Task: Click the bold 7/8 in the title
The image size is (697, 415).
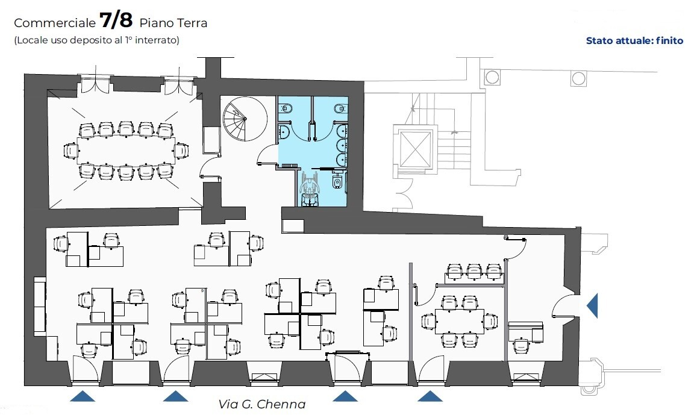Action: pos(116,20)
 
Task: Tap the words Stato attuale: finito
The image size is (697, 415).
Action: pos(634,40)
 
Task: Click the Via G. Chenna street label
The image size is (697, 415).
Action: pos(262,404)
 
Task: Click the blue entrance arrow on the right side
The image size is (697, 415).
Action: pos(592,306)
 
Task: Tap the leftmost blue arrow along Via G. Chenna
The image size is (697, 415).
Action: pos(83,396)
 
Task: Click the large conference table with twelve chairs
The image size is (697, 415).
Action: pos(127,151)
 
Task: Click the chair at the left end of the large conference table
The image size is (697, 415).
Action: pos(71,151)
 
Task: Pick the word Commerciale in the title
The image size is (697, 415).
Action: pos(55,23)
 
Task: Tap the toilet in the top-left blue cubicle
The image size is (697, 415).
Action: pos(286,108)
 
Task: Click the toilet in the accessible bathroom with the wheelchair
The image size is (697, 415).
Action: pos(337,182)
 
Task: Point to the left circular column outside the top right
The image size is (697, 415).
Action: pos(492,77)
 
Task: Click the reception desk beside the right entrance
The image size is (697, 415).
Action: pos(526,332)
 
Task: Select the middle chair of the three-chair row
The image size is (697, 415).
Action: pos(474,271)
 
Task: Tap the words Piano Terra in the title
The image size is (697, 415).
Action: pos(173,23)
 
